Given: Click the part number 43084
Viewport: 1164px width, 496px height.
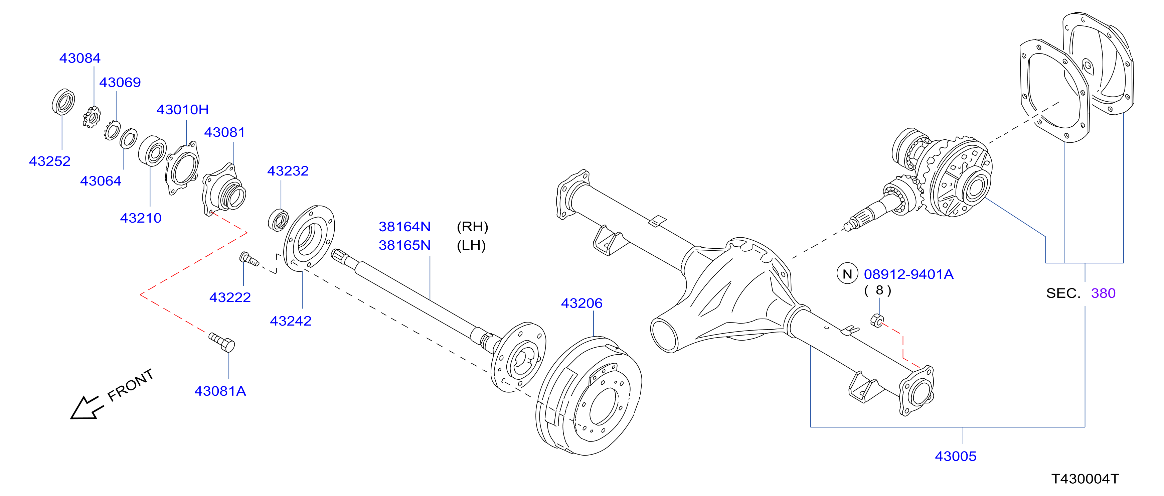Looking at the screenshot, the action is pos(80,58).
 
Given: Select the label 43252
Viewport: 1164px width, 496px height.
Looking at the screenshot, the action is pos(50,161).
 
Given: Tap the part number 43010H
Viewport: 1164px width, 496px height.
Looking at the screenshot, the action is pos(183,110).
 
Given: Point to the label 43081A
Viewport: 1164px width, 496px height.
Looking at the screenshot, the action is pos(220,391).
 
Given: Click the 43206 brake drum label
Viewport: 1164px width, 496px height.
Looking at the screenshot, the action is pos(581,303).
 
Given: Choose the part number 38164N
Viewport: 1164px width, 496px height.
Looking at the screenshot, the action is pos(404,227).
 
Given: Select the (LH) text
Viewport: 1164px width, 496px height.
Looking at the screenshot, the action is pos(471,246).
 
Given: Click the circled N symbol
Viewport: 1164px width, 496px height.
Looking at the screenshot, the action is pos(847,273).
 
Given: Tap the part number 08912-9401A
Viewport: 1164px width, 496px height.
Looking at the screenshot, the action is pos(909,274).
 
